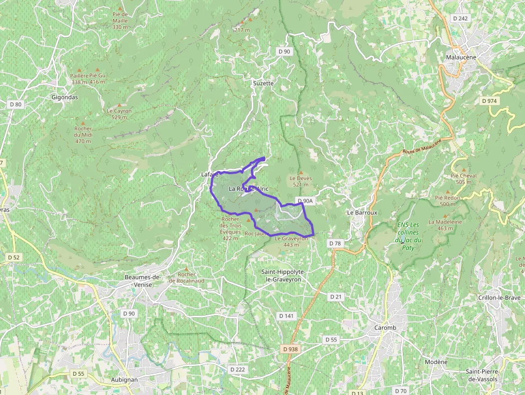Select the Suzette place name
[263, 84]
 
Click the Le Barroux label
[362, 212]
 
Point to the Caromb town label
[385, 328]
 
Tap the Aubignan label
[124, 379]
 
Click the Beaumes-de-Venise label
[142, 281]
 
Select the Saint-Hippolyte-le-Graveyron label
[281, 275]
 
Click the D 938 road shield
[289, 349]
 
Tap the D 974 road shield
[489, 101]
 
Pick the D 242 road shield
[460, 18]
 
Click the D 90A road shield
[305, 201]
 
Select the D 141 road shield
[286, 316]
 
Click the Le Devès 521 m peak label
[301, 181]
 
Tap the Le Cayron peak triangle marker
[119, 105]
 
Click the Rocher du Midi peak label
[83, 135]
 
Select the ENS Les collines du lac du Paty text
[409, 236]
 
